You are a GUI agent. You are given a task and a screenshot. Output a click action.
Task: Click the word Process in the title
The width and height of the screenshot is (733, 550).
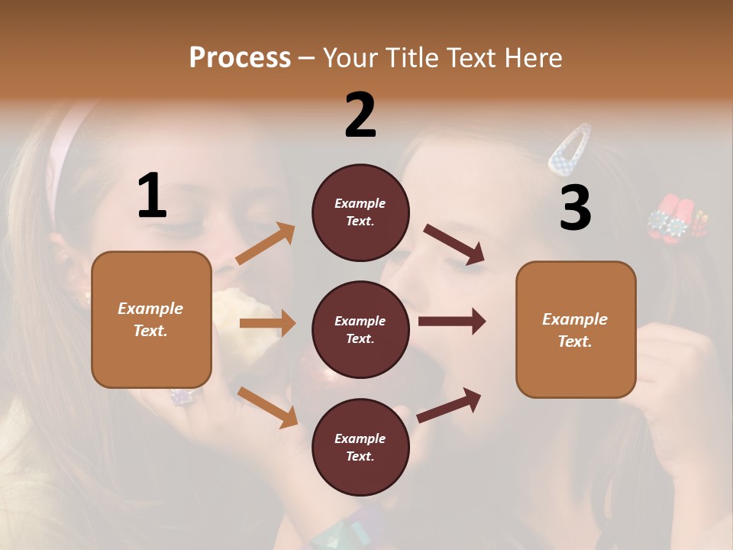240,57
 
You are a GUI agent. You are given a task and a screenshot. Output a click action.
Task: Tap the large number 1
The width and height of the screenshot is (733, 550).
152,196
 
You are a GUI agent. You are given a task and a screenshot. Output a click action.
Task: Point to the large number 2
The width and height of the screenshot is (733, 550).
360,115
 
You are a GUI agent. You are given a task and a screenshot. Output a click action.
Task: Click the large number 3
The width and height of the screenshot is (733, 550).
575,208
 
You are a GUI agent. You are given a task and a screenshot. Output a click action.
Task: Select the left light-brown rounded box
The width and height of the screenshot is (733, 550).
151,319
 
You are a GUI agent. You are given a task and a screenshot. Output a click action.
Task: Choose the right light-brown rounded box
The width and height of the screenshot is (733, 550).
576,330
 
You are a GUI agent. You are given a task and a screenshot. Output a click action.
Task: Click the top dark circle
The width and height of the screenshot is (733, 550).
360,212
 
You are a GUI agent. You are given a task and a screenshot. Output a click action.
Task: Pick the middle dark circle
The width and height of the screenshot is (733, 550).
360,329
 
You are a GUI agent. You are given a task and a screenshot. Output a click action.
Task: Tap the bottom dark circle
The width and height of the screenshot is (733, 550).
360,447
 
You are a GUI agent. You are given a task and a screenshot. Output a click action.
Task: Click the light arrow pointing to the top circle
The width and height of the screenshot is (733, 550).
266,244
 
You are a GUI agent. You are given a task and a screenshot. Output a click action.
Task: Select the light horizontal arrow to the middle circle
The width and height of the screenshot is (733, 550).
267,323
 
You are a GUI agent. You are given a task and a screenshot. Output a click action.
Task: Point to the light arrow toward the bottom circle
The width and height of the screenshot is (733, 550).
267,406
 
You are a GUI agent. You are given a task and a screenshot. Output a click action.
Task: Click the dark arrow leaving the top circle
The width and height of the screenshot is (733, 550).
454,244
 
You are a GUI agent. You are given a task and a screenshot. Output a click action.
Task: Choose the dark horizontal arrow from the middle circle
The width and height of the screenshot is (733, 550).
451,321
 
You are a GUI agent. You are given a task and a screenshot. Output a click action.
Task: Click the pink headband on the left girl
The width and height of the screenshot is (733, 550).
64,153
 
